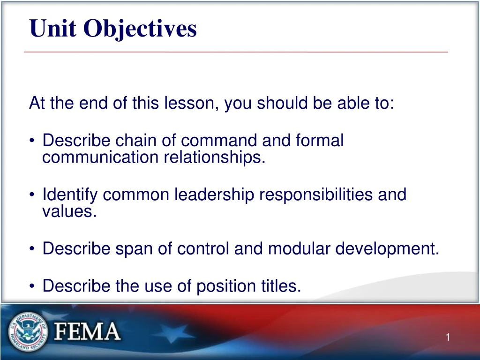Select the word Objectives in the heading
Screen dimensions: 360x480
(140, 30)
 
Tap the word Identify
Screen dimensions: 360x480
(70, 195)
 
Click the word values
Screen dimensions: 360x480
(69, 212)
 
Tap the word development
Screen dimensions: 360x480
(387, 249)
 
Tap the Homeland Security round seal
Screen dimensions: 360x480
(28, 332)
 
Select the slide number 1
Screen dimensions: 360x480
(448, 337)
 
